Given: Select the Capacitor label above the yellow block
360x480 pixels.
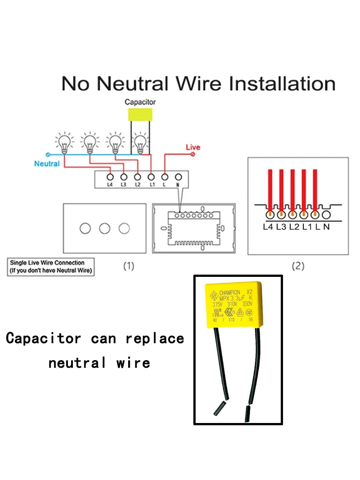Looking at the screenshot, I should pos(140,102).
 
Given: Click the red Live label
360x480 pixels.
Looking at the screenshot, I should pos(193,147).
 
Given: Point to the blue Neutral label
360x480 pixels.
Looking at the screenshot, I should pos(47,164).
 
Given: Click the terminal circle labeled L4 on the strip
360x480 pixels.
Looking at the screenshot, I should pos(110,177).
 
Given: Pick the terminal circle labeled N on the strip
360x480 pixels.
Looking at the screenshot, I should pos(178,177).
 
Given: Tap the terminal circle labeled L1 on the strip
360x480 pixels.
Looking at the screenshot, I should pos(151,177).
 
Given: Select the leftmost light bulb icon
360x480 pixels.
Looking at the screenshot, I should pos(64,143).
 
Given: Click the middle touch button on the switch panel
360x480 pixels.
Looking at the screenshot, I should pos(105,228).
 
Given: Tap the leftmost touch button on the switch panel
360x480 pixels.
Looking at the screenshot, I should pos(85,228).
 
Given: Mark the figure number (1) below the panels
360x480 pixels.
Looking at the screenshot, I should pos(129,266).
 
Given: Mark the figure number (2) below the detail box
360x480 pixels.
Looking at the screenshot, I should pos(298,266).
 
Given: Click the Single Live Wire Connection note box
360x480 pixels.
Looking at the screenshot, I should pos(51,266).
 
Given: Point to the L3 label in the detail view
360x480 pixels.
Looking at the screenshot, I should pos(281,227).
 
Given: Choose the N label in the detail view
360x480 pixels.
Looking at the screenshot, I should pos(326,227).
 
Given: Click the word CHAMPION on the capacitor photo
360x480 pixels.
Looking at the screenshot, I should pos(230,293).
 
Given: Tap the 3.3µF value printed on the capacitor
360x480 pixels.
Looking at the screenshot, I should pos(236,299).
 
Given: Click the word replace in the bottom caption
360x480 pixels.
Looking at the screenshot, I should pos(155,338).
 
